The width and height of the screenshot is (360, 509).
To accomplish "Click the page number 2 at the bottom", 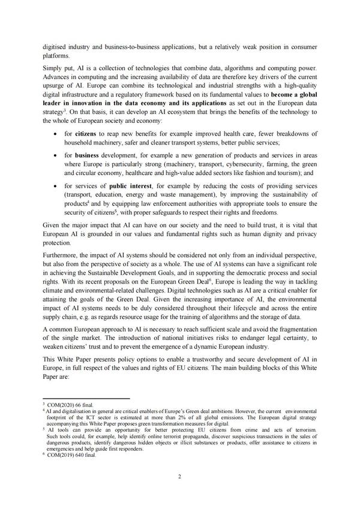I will pos(180,477).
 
